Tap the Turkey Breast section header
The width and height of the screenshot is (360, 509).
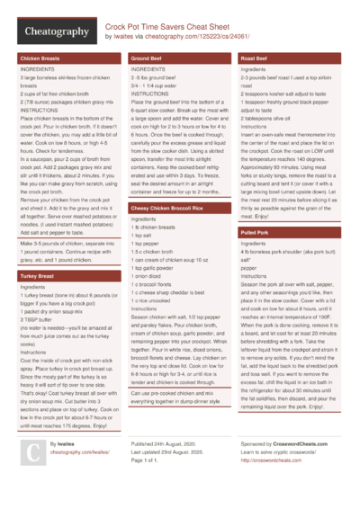pyautogui.click(x=39, y=275)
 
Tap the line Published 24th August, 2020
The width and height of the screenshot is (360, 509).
pyautogui.click(x=168, y=444)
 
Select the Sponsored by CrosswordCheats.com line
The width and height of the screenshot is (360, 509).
pyautogui.click(x=287, y=444)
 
